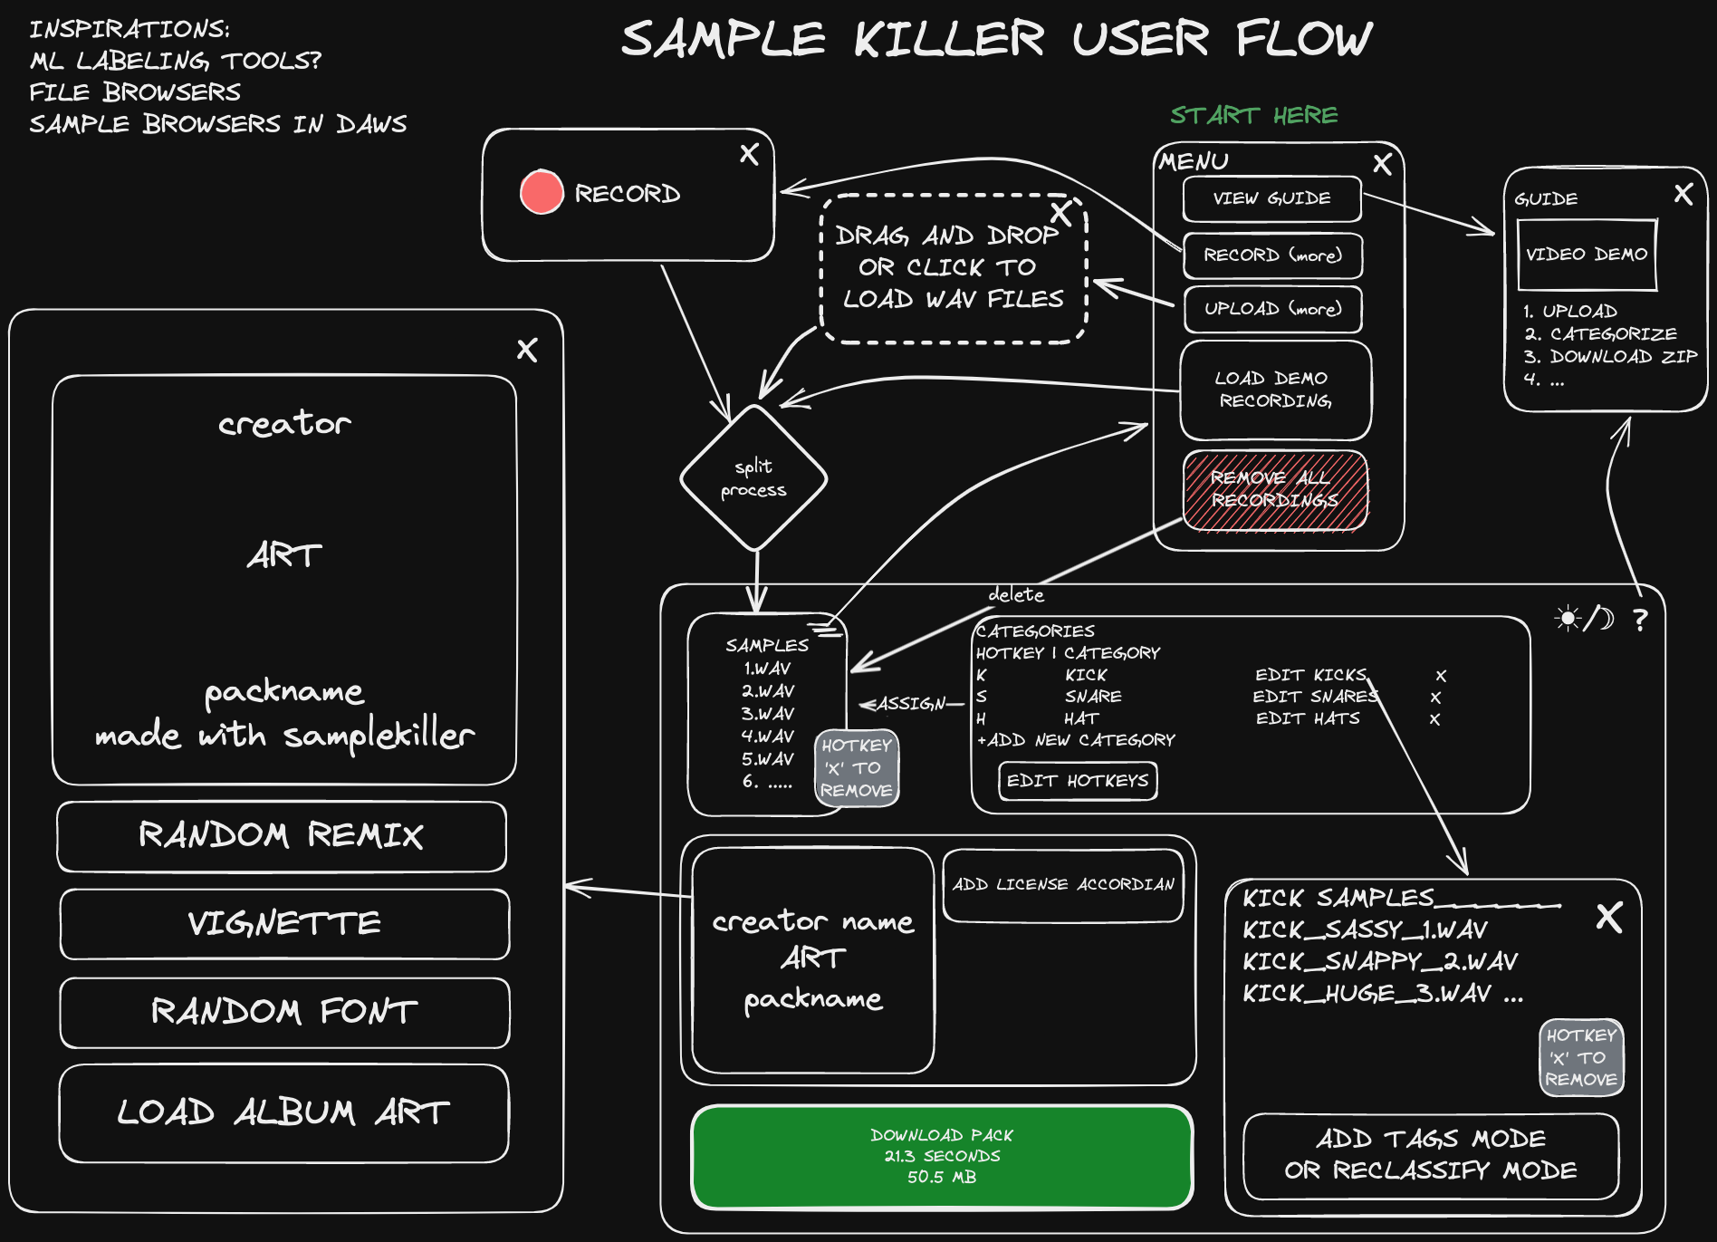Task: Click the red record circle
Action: point(542,192)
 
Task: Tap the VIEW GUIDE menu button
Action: point(1271,199)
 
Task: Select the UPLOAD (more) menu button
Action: point(1272,309)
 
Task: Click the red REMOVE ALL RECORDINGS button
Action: point(1275,489)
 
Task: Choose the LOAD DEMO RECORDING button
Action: point(1275,390)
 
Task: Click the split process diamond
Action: point(753,478)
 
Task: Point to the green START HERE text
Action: point(1253,115)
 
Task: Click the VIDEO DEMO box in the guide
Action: point(1587,255)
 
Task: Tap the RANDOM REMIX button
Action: point(281,835)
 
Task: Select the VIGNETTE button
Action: point(284,923)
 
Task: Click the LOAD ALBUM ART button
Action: point(283,1112)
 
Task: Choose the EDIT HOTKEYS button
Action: point(1078,781)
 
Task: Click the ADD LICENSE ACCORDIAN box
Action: point(1063,885)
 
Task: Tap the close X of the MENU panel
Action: point(1382,164)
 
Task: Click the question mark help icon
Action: point(1640,620)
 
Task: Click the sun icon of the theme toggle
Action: point(1567,619)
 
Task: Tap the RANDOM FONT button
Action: point(284,1011)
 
